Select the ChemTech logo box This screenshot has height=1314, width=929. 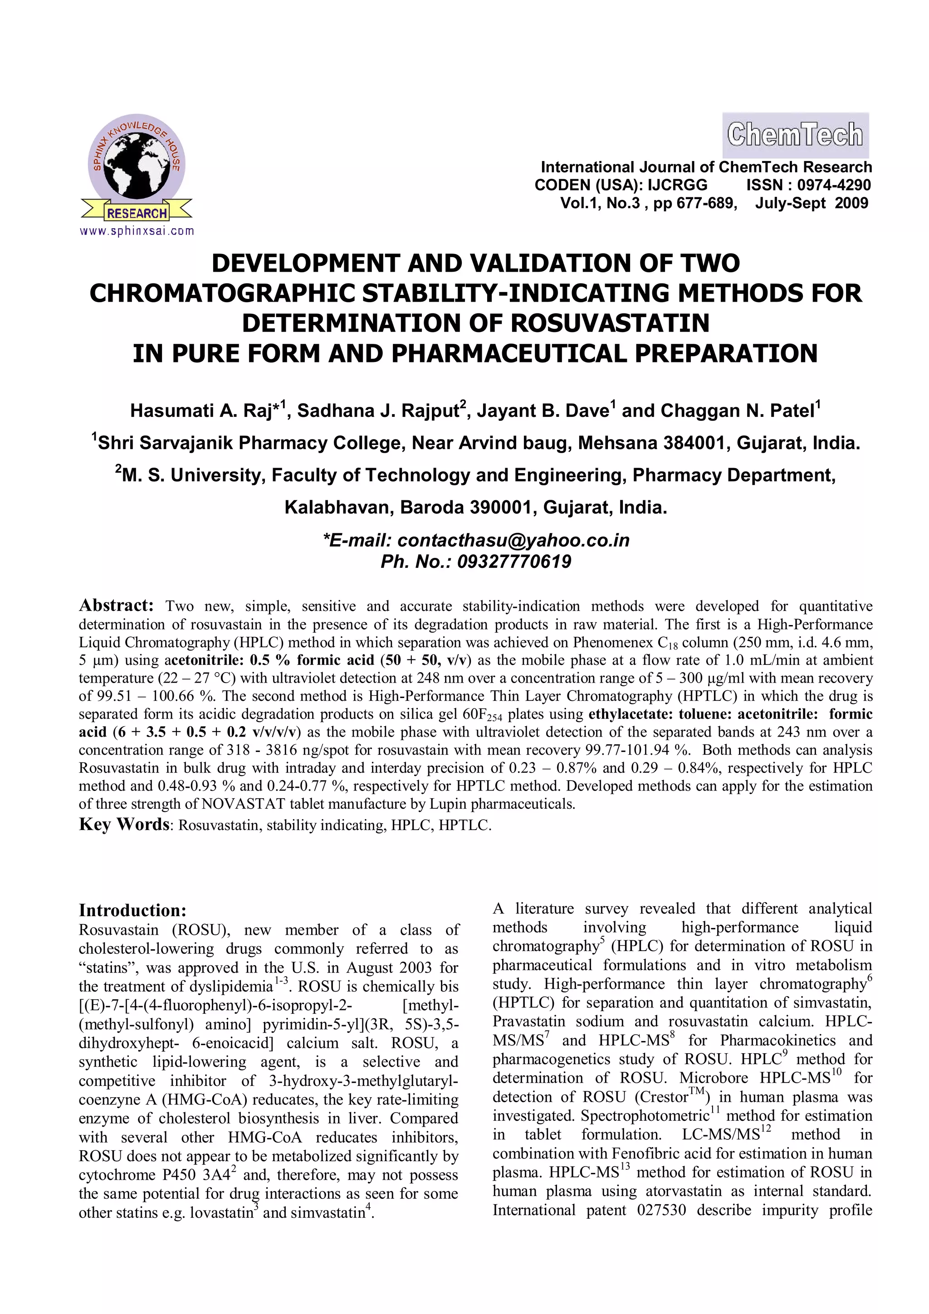point(795,135)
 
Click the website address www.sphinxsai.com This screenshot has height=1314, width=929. point(137,231)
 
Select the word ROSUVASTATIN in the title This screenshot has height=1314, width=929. point(610,323)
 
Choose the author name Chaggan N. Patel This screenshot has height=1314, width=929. point(737,411)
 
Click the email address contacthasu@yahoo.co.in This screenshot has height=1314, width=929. point(513,540)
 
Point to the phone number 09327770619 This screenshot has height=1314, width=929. point(514,562)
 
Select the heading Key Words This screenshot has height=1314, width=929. point(124,824)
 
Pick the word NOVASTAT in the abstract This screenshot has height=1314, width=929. point(243,804)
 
